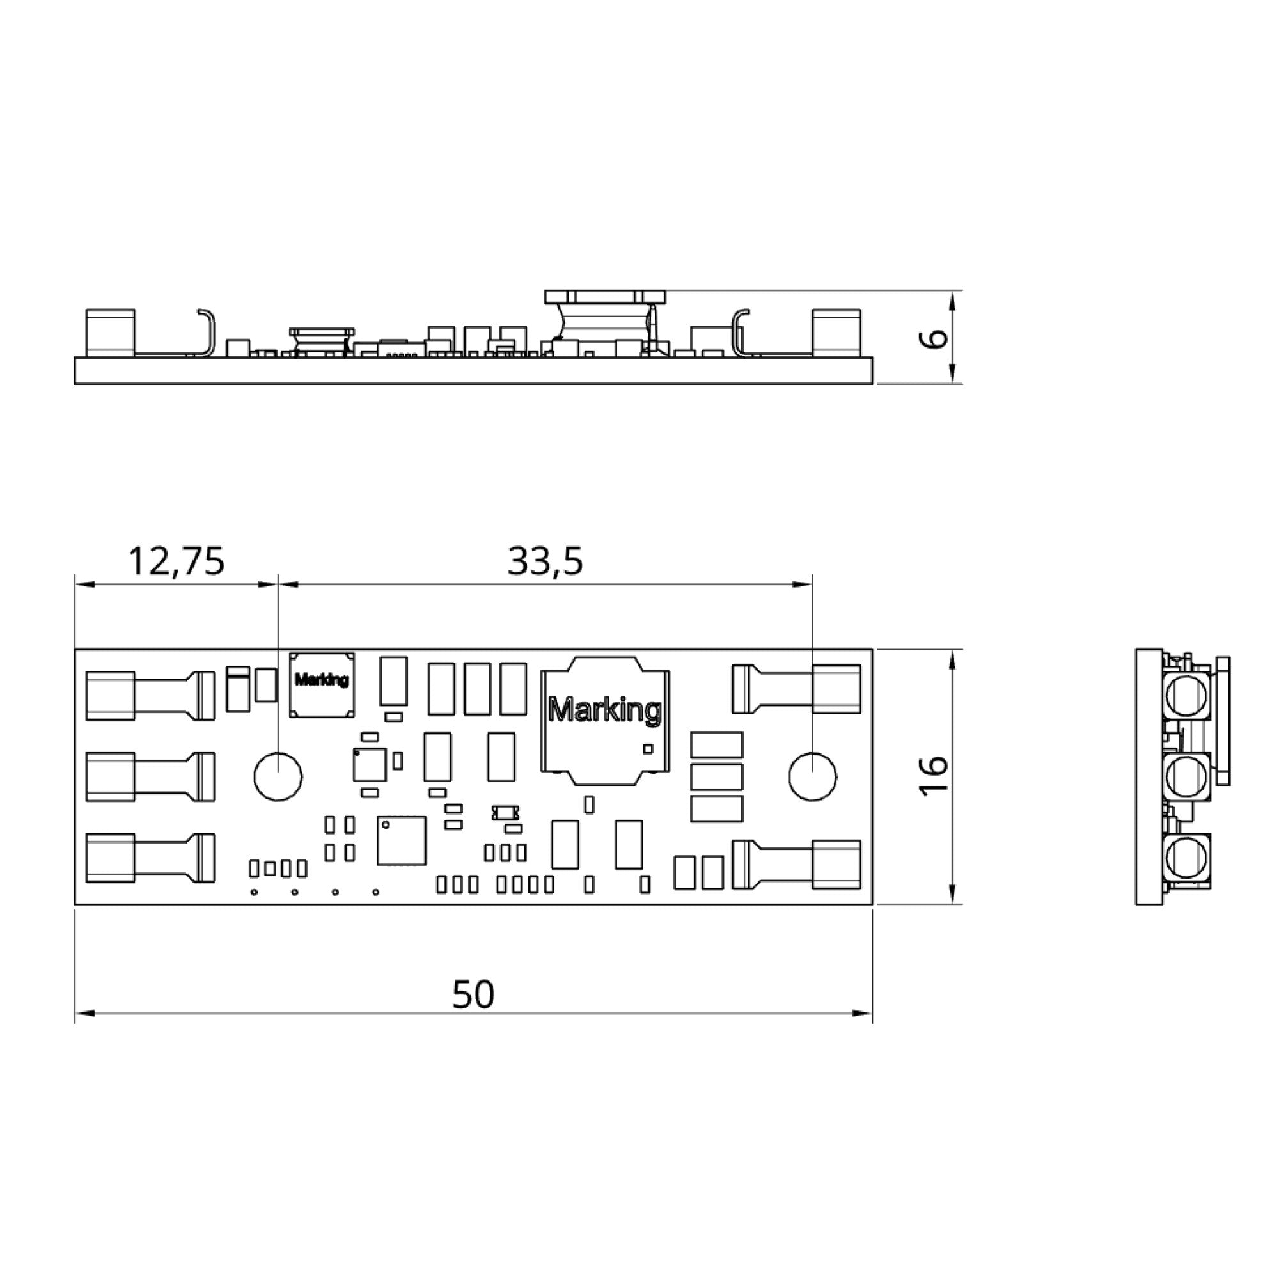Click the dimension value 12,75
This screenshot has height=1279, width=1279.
tap(176, 561)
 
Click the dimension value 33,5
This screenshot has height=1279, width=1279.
tap(545, 561)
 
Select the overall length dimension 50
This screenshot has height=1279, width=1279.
tap(473, 994)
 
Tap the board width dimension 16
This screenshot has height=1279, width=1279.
tap(934, 776)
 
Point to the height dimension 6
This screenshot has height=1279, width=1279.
tap(934, 338)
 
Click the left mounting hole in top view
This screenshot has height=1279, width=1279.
tap(278, 776)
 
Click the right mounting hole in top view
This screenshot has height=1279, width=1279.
tap(812, 776)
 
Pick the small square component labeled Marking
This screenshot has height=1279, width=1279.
tap(322, 684)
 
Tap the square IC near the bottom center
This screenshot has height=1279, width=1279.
tap(401, 840)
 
